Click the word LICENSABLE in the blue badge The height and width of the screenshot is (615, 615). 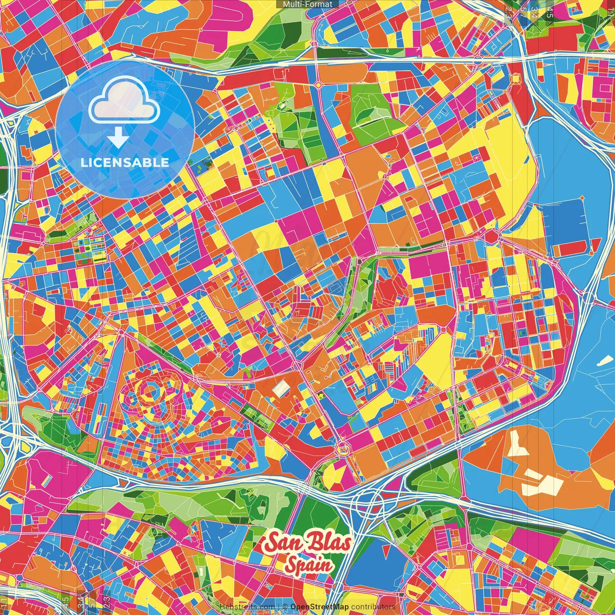tap(125, 162)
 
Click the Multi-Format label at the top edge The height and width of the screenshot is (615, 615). tap(307, 4)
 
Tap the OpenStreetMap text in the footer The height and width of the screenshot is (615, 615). tap(320, 607)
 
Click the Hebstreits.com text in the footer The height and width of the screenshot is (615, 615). tap(247, 607)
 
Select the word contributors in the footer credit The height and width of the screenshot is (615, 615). tap(373, 607)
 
